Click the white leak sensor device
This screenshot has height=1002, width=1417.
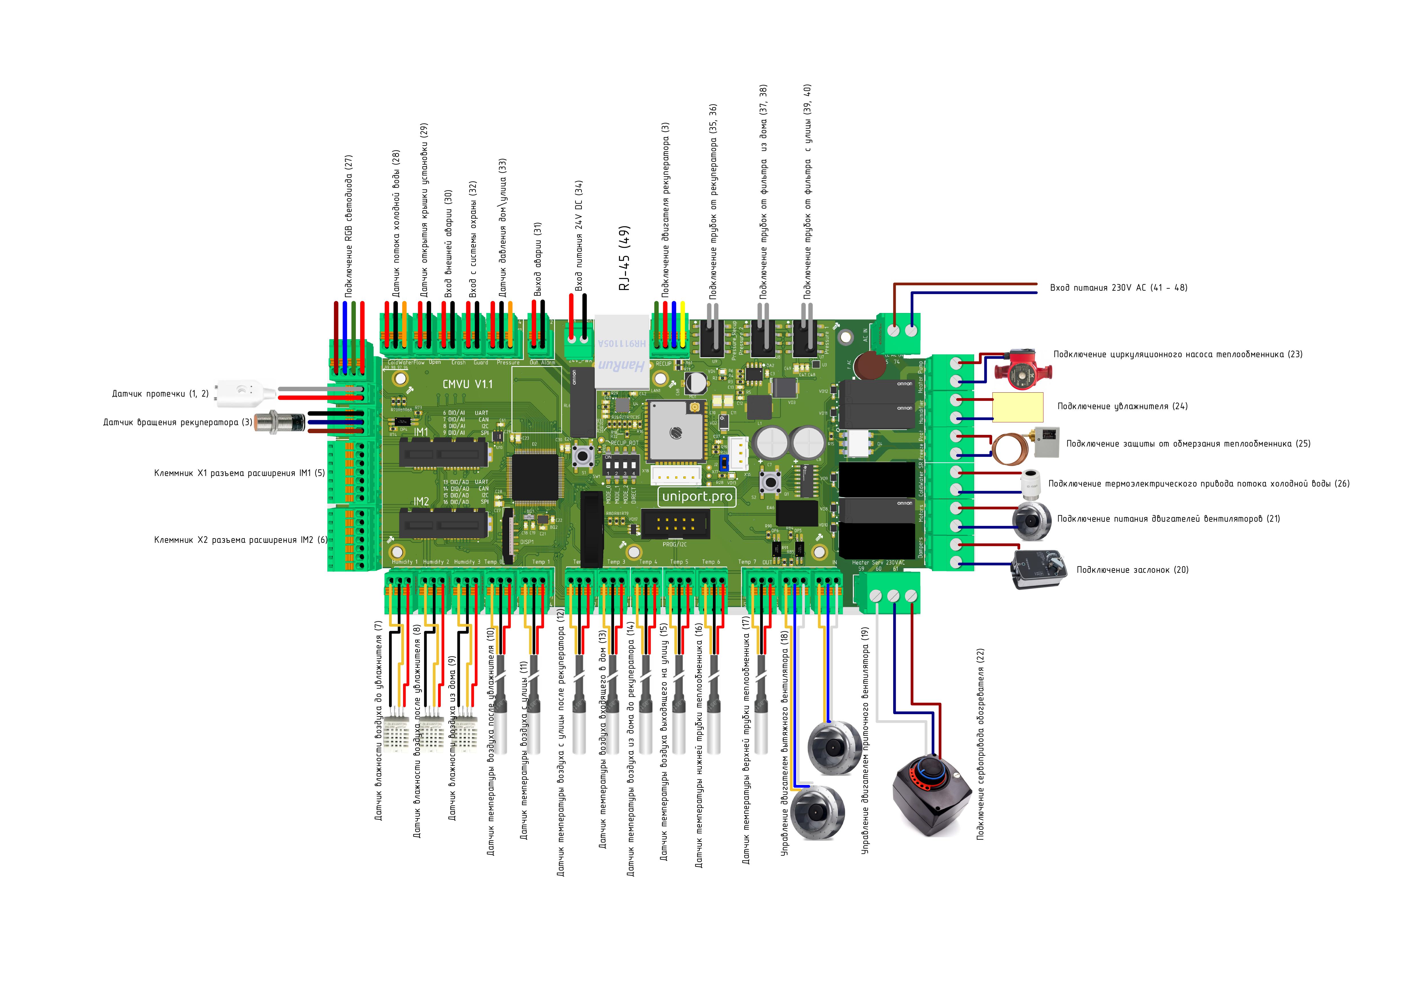[244, 393]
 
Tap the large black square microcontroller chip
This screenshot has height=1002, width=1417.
[534, 477]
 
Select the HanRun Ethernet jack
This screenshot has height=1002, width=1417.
[622, 352]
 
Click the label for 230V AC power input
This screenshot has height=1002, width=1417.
[1118, 288]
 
